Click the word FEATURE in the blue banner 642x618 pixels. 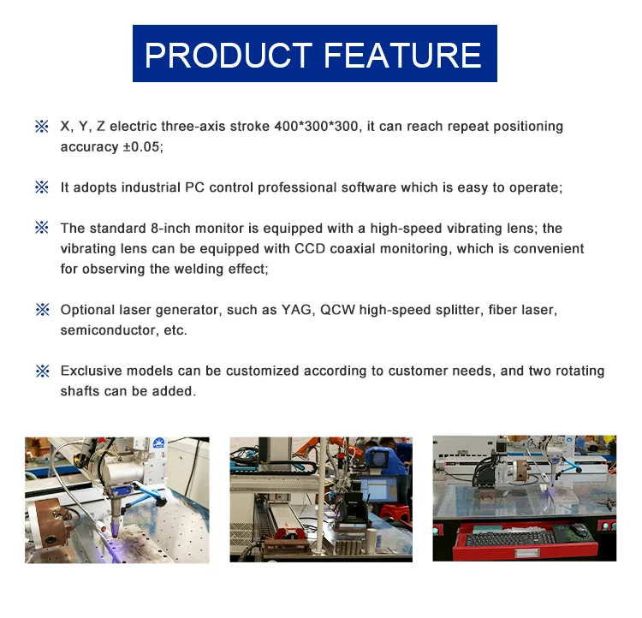(403, 55)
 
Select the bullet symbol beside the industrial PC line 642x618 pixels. (42, 187)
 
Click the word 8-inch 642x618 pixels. (170, 229)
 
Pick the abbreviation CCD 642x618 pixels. (310, 248)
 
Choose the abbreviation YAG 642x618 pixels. (296, 310)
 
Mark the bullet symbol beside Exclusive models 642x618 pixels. (42, 371)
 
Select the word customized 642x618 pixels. (263, 371)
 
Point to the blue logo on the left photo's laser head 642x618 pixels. (158, 443)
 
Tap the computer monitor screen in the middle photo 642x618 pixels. (377, 491)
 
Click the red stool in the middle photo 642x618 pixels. (395, 514)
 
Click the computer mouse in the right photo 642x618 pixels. (579, 530)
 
